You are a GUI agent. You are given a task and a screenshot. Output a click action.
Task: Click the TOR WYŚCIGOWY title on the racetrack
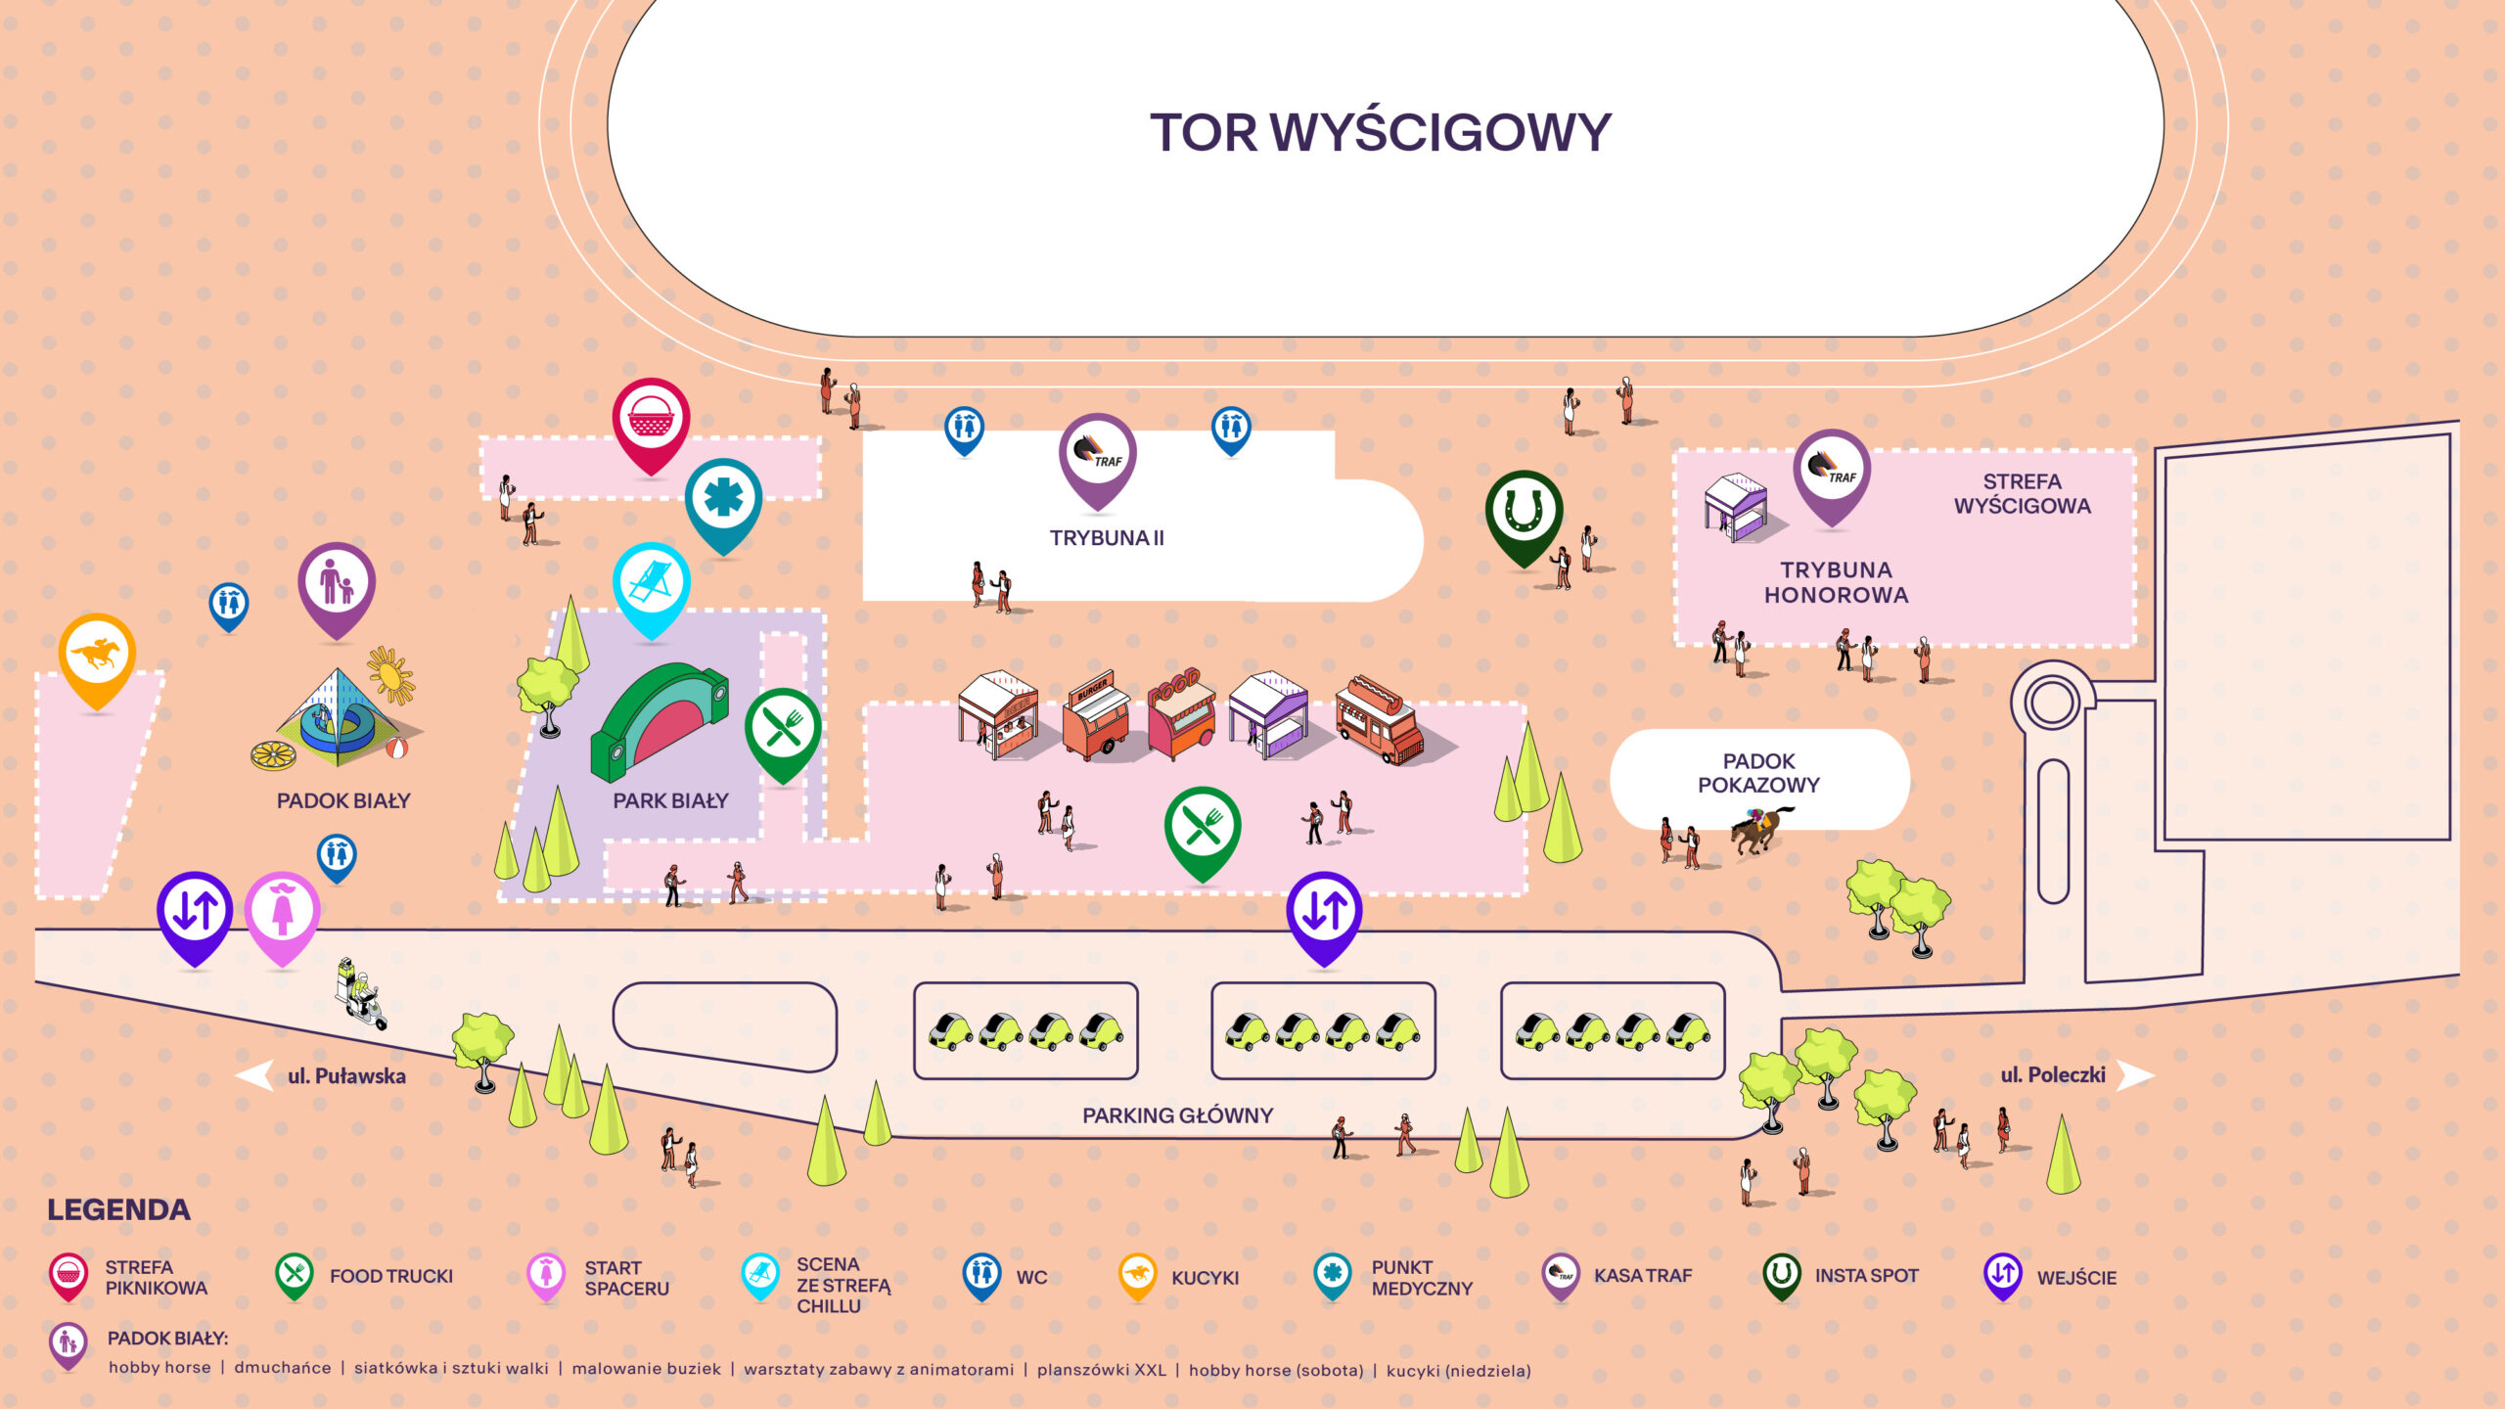pyautogui.click(x=1380, y=133)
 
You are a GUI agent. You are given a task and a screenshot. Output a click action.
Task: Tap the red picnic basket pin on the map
pyautogui.click(x=651, y=419)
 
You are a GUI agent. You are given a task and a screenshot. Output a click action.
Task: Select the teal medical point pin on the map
pyautogui.click(x=723, y=499)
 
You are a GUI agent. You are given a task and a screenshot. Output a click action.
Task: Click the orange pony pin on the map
pyautogui.click(x=96, y=655)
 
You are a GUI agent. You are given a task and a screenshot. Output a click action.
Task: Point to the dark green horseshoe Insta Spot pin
pyautogui.click(x=1524, y=512)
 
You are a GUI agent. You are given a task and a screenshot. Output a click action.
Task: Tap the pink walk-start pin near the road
pyautogui.click(x=282, y=912)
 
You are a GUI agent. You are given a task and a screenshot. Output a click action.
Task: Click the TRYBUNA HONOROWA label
pyautogui.click(x=1836, y=582)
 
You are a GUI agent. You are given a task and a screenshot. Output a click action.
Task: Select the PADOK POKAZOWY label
pyautogui.click(x=1758, y=773)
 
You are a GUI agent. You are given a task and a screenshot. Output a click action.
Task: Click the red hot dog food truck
pyautogui.click(x=1379, y=719)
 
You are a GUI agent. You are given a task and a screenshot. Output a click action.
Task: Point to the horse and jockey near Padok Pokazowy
pyautogui.click(x=1760, y=830)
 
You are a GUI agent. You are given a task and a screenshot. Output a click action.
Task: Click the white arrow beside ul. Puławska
pyautogui.click(x=253, y=1075)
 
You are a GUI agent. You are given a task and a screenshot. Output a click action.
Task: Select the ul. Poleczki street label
pyautogui.click(x=2052, y=1075)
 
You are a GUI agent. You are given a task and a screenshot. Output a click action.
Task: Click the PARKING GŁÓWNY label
pyautogui.click(x=1177, y=1115)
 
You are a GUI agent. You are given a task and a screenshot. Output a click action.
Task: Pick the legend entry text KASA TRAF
pyautogui.click(x=1642, y=1276)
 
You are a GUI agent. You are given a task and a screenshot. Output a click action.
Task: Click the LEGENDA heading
pyautogui.click(x=118, y=1210)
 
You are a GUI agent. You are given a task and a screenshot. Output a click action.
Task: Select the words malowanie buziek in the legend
pyautogui.click(x=646, y=1369)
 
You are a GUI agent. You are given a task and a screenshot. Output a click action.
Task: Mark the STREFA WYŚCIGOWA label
pyautogui.click(x=2022, y=494)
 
